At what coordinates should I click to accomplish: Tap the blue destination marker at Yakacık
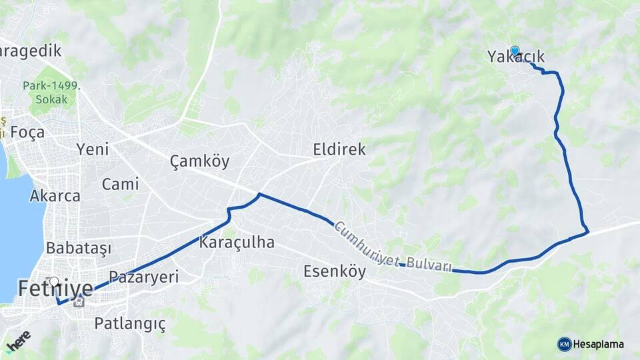(515, 51)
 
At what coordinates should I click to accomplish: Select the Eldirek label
(339, 149)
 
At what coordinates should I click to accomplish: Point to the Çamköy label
(199, 161)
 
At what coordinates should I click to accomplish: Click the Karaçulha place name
(236, 242)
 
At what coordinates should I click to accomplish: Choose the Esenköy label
(335, 271)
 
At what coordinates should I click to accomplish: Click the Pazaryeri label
(143, 277)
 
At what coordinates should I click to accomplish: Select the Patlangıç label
(129, 323)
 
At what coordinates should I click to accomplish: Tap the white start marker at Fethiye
(54, 282)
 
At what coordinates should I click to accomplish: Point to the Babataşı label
(77, 247)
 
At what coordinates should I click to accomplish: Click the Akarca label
(55, 196)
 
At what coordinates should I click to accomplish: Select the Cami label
(120, 184)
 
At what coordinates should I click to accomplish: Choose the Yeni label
(93, 149)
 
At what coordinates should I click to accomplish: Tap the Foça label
(27, 132)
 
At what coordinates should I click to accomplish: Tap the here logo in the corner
(18, 340)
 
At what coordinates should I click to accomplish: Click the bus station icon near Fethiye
(79, 301)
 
